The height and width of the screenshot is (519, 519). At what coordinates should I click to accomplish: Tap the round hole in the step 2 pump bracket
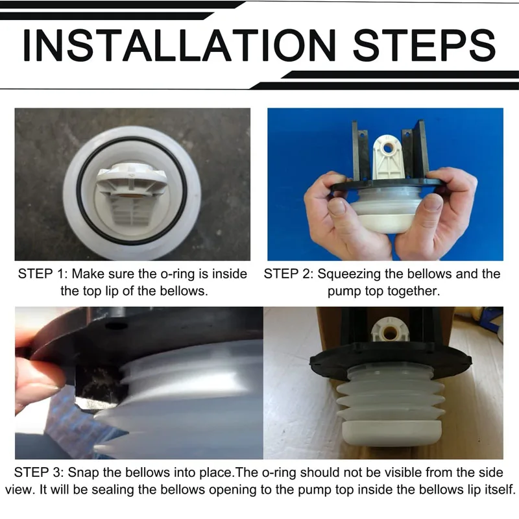pos(389,148)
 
